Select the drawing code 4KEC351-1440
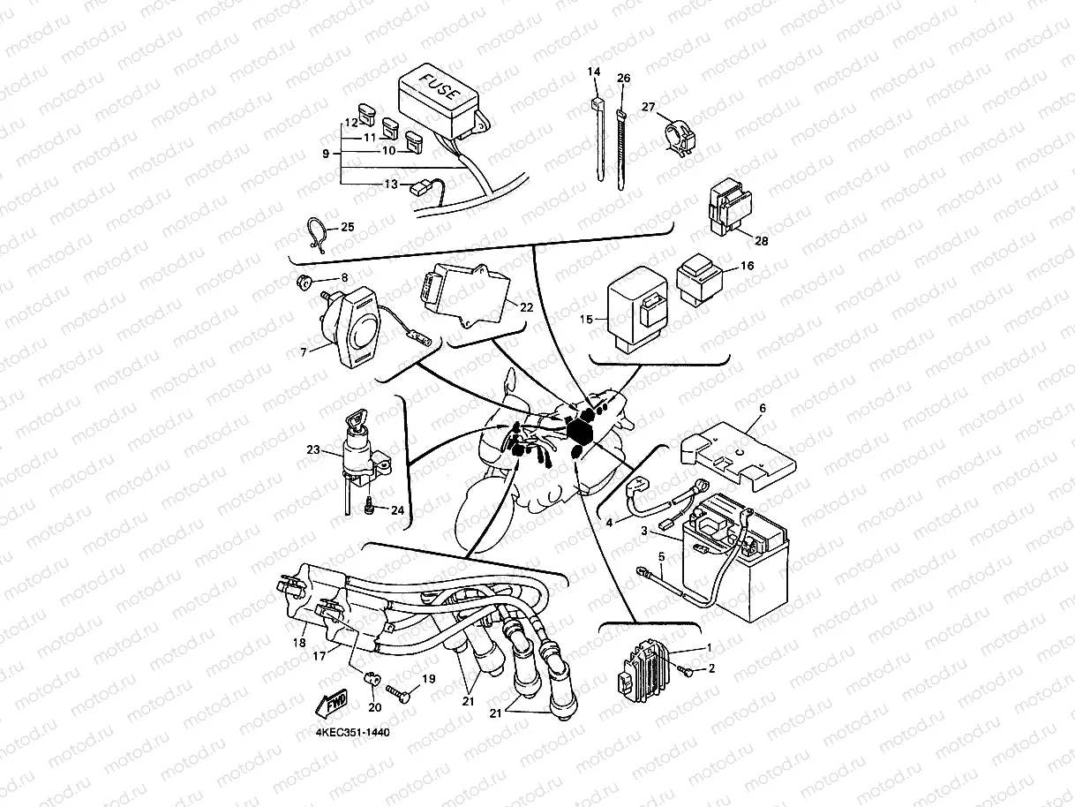[352, 733]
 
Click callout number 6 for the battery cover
[763, 408]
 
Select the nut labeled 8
[302, 283]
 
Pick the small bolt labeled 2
[687, 673]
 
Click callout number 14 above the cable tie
[594, 71]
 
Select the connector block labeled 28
[727, 209]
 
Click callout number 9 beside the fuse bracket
[326, 154]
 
